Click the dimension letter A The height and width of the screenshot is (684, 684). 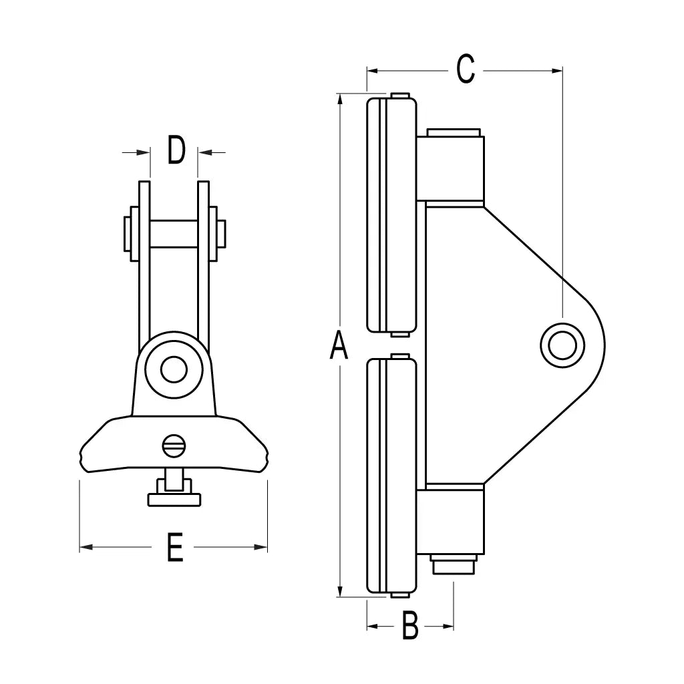(339, 346)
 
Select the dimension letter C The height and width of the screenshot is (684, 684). (466, 69)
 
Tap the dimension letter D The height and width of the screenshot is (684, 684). (176, 151)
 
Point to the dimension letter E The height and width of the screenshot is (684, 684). (174, 548)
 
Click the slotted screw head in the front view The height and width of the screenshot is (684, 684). (174, 445)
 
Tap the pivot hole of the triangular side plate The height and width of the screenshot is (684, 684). (562, 345)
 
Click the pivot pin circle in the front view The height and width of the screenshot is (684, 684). (174, 369)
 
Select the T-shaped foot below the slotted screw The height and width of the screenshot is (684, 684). (174, 498)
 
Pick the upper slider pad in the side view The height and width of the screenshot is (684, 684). (391, 214)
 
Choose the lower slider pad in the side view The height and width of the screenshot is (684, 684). (391, 476)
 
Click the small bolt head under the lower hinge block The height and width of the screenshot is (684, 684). (454, 565)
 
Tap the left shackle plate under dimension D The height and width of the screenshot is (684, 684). (144, 267)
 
